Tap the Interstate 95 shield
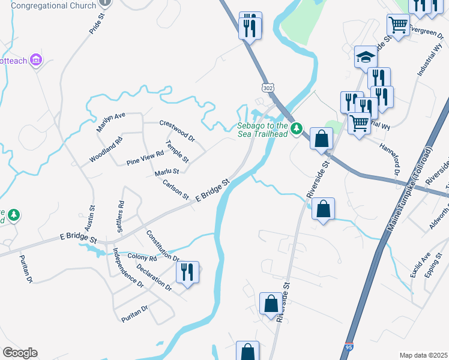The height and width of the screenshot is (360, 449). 351,346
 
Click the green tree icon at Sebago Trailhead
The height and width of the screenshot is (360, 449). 296,128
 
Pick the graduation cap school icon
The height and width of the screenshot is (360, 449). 365,57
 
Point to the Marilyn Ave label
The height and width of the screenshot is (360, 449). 110,122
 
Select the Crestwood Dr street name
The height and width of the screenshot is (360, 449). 177,130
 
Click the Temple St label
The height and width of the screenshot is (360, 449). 178,152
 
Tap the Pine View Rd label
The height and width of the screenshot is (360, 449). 145,158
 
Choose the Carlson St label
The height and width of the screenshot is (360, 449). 175,189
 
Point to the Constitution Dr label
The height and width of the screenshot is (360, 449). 163,246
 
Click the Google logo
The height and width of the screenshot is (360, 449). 20,353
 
